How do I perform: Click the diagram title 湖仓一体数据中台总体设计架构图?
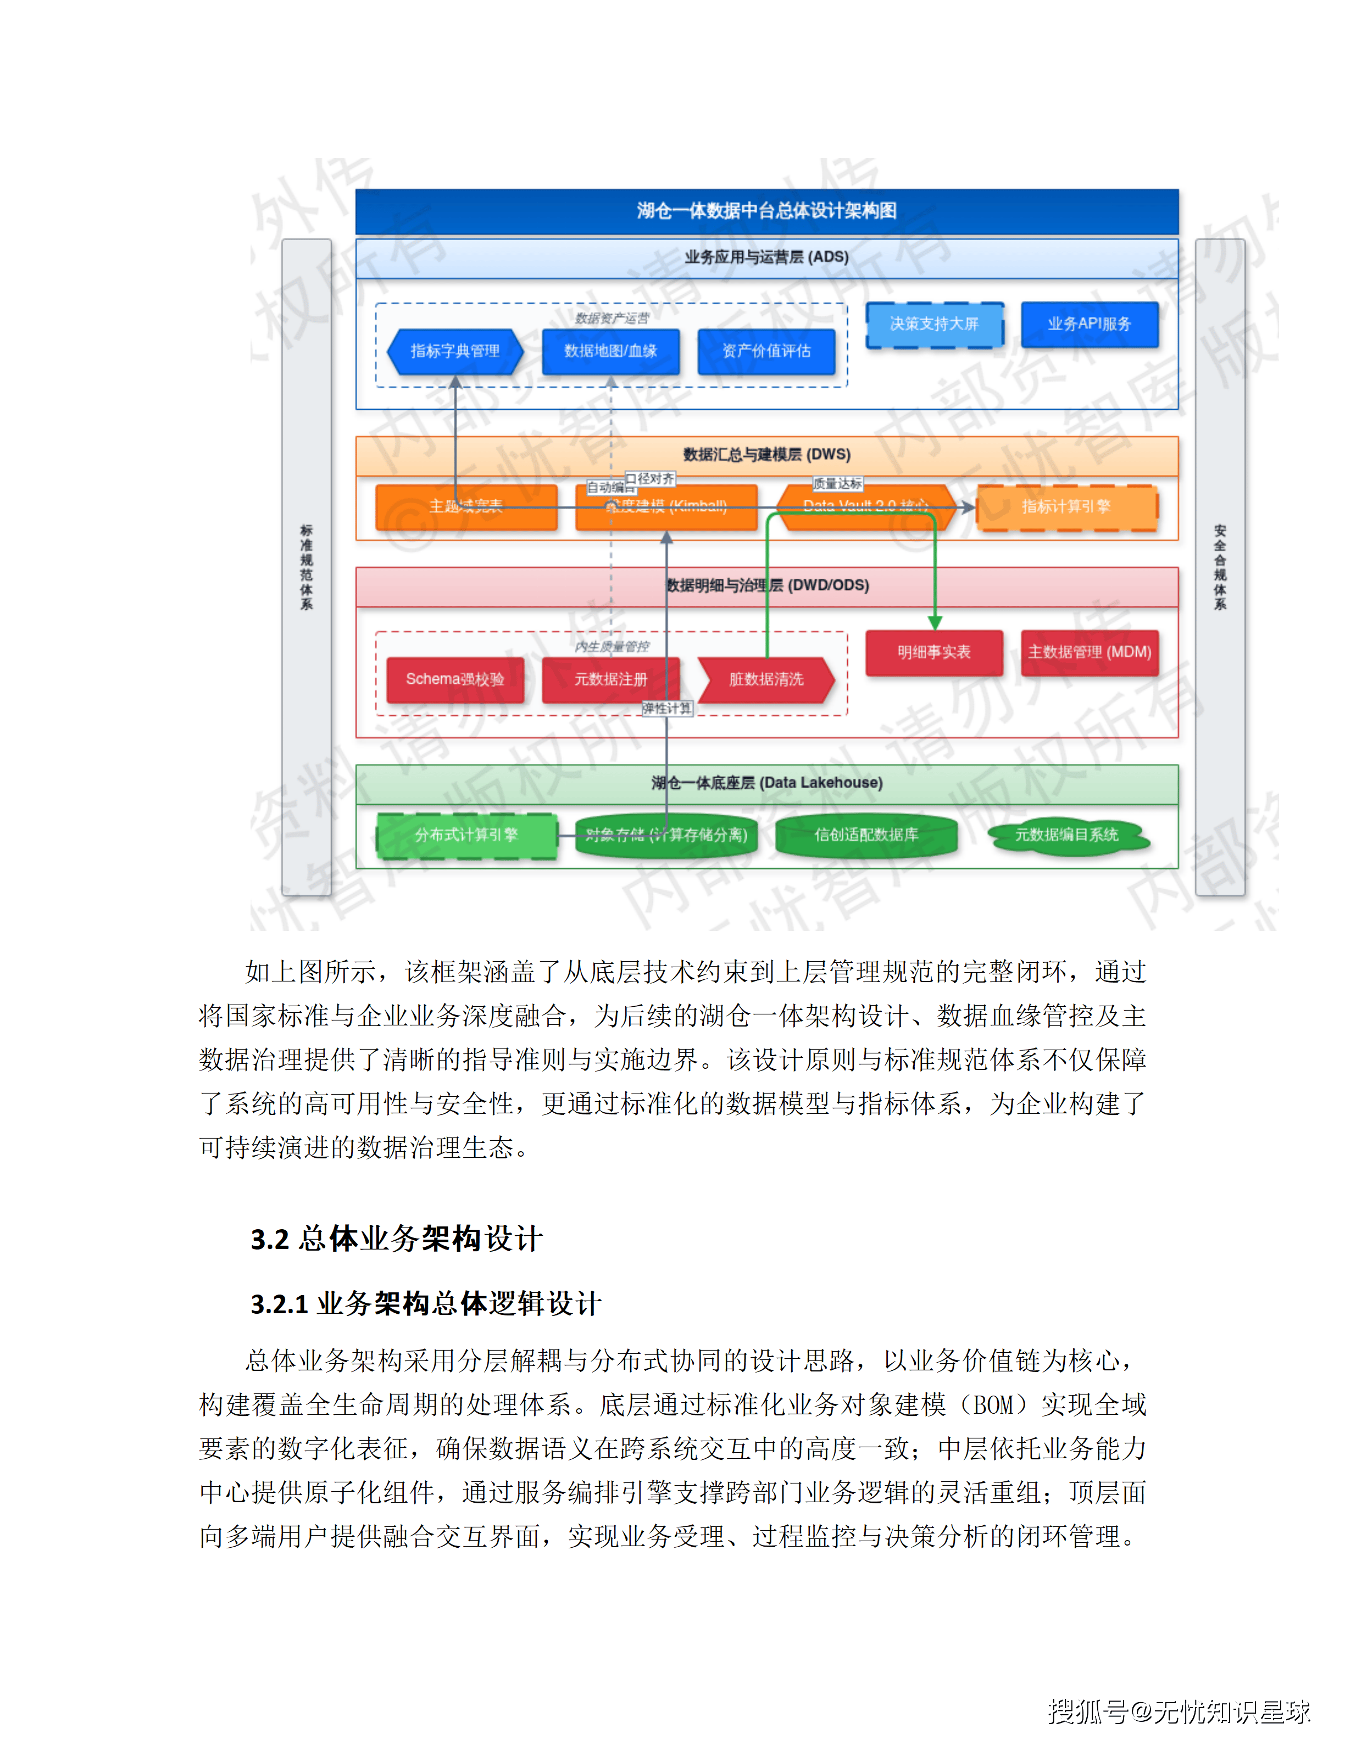click(x=766, y=211)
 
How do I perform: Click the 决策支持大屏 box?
click(x=934, y=324)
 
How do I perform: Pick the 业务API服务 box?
click(x=1089, y=324)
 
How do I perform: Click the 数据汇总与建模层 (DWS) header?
click(x=766, y=455)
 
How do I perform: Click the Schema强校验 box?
click(x=455, y=679)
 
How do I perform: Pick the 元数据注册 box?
click(x=610, y=679)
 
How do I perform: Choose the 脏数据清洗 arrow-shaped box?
click(x=766, y=679)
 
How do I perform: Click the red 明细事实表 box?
click(x=934, y=652)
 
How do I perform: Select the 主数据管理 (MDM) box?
click(x=1089, y=652)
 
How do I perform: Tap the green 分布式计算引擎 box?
click(x=466, y=835)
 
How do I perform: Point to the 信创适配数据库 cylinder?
click(x=866, y=835)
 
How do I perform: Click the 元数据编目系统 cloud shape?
click(x=1067, y=835)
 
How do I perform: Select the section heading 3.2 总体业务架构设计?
click(x=396, y=1239)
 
